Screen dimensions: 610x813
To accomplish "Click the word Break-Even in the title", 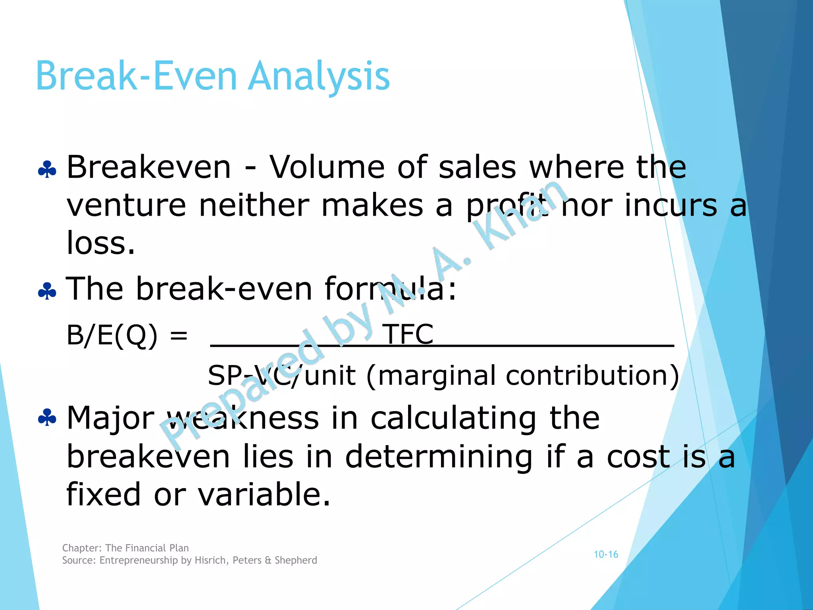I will coord(137,76).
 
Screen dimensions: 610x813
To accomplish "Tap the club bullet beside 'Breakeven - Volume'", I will coord(47,170).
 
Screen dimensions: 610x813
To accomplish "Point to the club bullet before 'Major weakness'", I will coord(47,418).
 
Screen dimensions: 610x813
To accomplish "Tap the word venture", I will coord(126,206).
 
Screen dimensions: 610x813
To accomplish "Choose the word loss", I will coord(101,243).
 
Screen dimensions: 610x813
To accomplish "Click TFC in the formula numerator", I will coord(408,334).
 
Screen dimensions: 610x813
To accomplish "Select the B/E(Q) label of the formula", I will coord(112,335).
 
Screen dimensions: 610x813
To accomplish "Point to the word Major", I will coord(110,419).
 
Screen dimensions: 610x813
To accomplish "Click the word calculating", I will coord(454,419).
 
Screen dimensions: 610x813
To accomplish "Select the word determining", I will coord(439,457).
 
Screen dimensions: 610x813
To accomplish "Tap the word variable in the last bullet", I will coord(264,494).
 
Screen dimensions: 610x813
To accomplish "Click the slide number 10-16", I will coord(606,554).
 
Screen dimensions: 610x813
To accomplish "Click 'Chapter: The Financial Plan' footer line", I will coord(125,548).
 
